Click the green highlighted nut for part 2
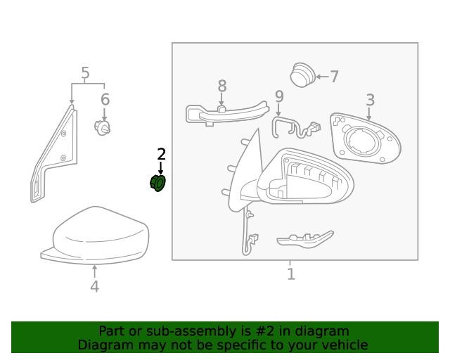point(158,184)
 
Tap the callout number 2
point(161,154)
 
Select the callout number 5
point(85,73)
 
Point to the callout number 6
point(105,99)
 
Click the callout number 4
point(94,286)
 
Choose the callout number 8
point(222,86)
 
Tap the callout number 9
point(279,96)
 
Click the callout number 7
point(334,77)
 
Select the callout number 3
point(370,101)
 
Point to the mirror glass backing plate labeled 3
point(366,141)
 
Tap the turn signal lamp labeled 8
point(225,112)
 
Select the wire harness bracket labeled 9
point(292,128)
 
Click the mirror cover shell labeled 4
point(98,236)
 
